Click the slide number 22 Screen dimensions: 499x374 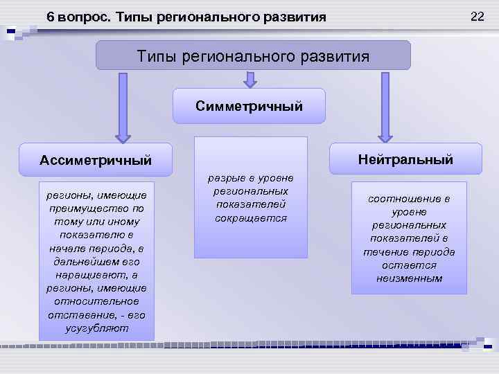(477, 15)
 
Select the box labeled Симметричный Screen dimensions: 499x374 (249, 106)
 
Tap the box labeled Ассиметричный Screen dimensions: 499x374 (96, 160)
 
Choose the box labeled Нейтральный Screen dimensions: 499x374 (405, 159)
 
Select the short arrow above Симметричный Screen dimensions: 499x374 (249, 79)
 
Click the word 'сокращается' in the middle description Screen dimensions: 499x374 (250, 218)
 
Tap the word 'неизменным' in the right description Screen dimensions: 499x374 (409, 278)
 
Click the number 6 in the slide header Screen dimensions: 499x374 (51, 17)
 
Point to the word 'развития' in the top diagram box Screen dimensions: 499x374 (335, 56)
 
